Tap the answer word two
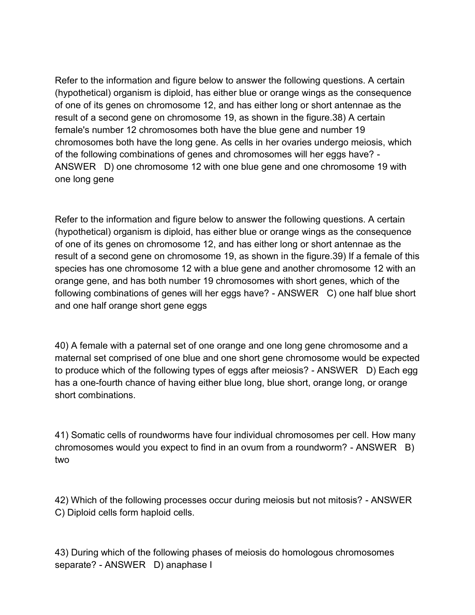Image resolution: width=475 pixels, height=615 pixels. (x=62, y=460)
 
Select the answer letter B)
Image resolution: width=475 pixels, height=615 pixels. (x=410, y=447)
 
